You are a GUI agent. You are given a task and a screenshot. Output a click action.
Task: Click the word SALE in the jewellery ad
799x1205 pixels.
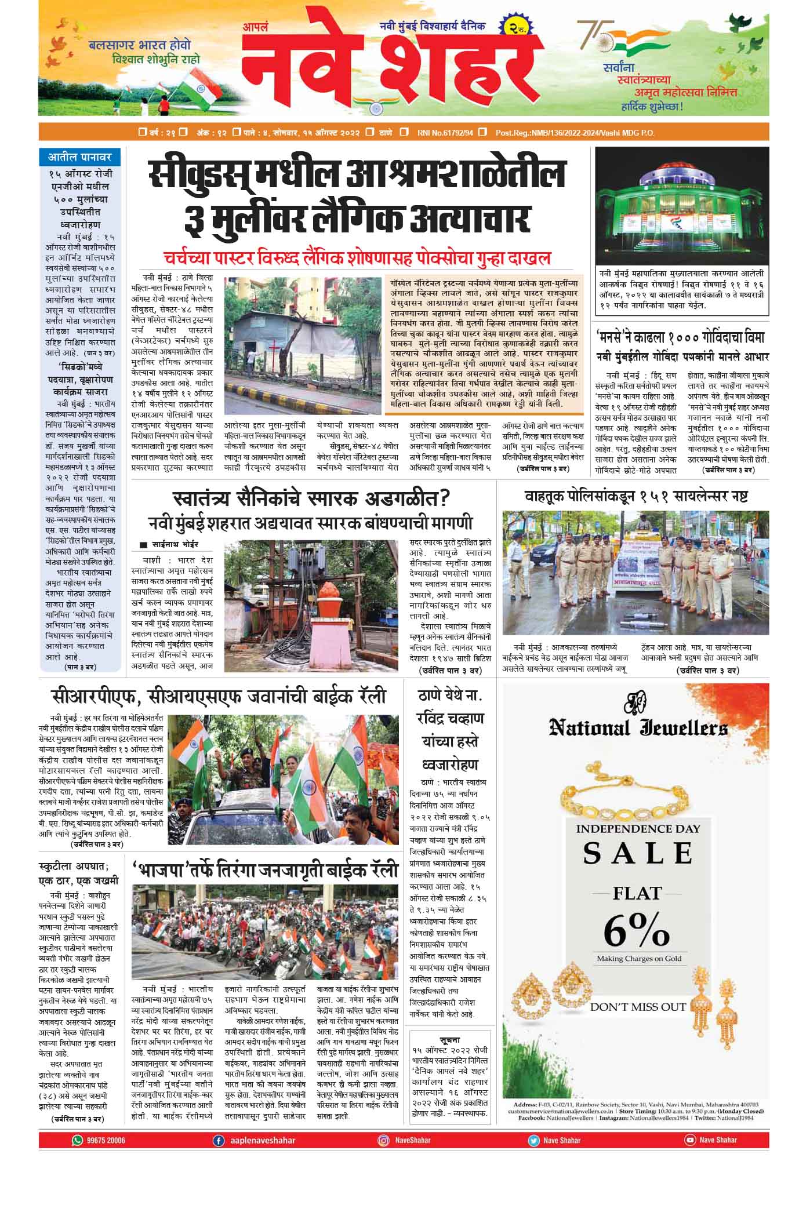tap(638, 854)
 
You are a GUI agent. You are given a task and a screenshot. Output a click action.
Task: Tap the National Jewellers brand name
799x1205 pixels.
tap(638, 729)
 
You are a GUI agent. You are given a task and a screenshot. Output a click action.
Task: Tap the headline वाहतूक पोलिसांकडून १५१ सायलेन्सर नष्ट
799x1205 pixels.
tap(636, 496)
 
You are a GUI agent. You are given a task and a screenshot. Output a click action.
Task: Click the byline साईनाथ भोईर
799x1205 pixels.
tap(175, 545)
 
